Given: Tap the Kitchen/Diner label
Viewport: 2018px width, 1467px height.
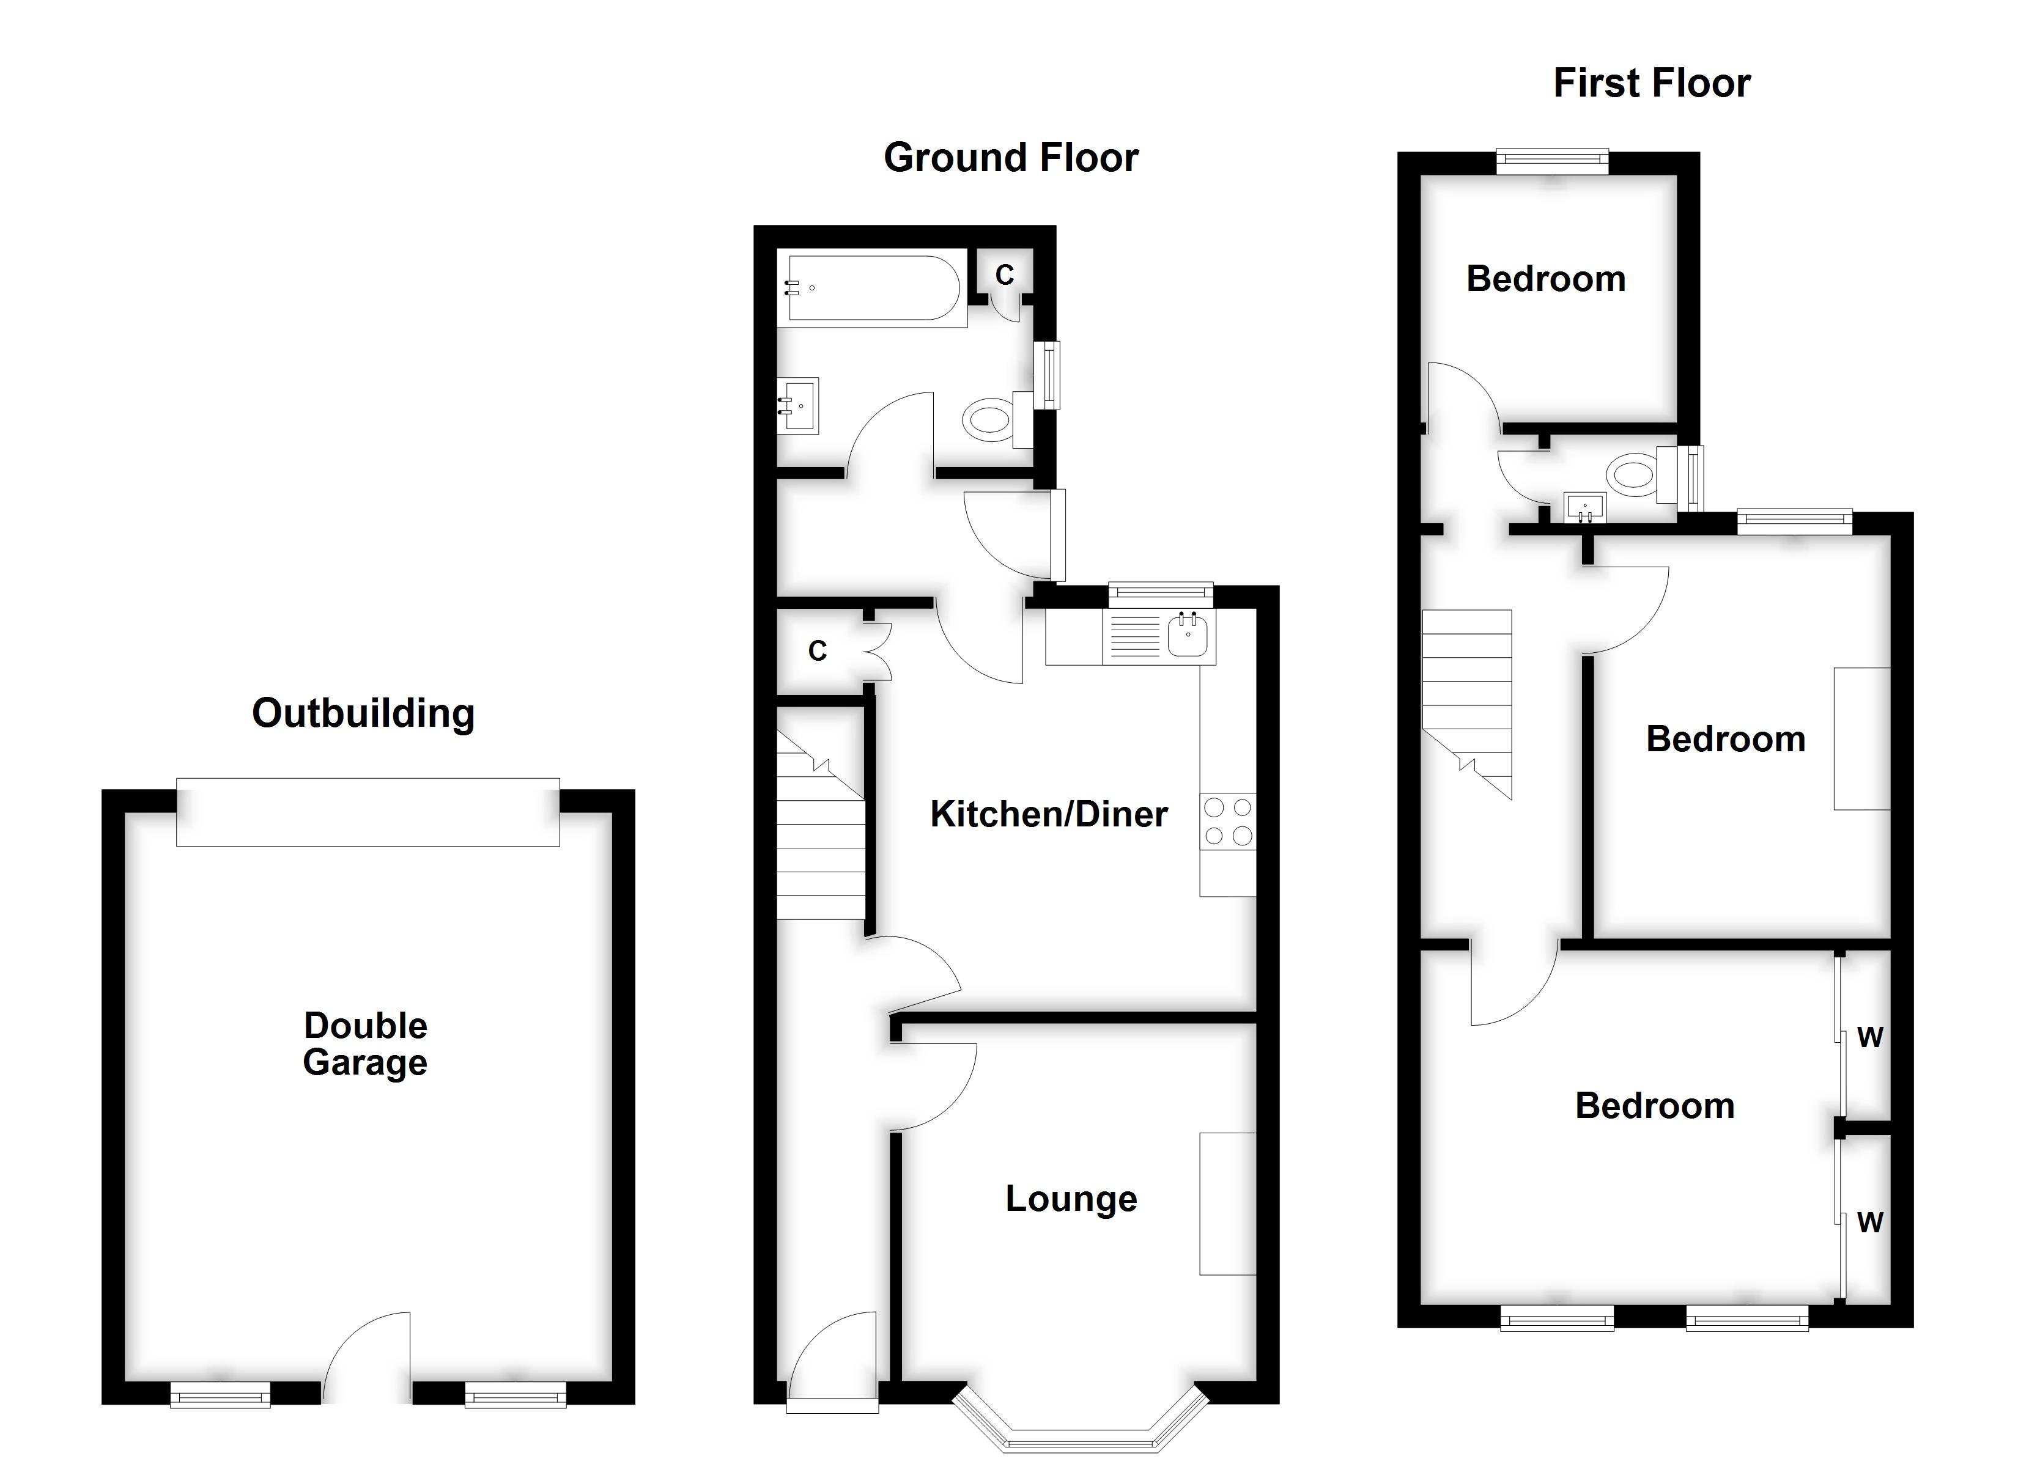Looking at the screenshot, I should (x=1048, y=814).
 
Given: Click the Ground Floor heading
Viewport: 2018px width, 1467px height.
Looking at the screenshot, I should (x=1011, y=158).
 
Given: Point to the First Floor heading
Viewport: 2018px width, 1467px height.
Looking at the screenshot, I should (x=1652, y=83).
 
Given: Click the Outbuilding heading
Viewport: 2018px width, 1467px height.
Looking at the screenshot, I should (x=363, y=713).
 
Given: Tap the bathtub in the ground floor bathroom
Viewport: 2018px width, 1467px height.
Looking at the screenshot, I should (x=872, y=289).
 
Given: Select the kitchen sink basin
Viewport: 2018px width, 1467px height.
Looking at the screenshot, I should (x=1187, y=634).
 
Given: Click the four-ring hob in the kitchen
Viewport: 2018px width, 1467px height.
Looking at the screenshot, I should (x=1228, y=821).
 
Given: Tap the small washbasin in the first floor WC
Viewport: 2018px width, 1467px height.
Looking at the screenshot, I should (x=1584, y=508).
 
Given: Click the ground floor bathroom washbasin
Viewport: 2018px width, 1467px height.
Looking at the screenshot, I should (x=799, y=406).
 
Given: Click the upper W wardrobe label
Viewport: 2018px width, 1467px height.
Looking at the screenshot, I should (x=1870, y=1037).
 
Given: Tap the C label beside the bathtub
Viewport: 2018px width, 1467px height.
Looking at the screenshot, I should (x=1005, y=275).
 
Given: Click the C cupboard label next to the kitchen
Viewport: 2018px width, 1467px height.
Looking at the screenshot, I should (x=817, y=651).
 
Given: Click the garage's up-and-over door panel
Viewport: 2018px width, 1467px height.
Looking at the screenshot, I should (x=368, y=811).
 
